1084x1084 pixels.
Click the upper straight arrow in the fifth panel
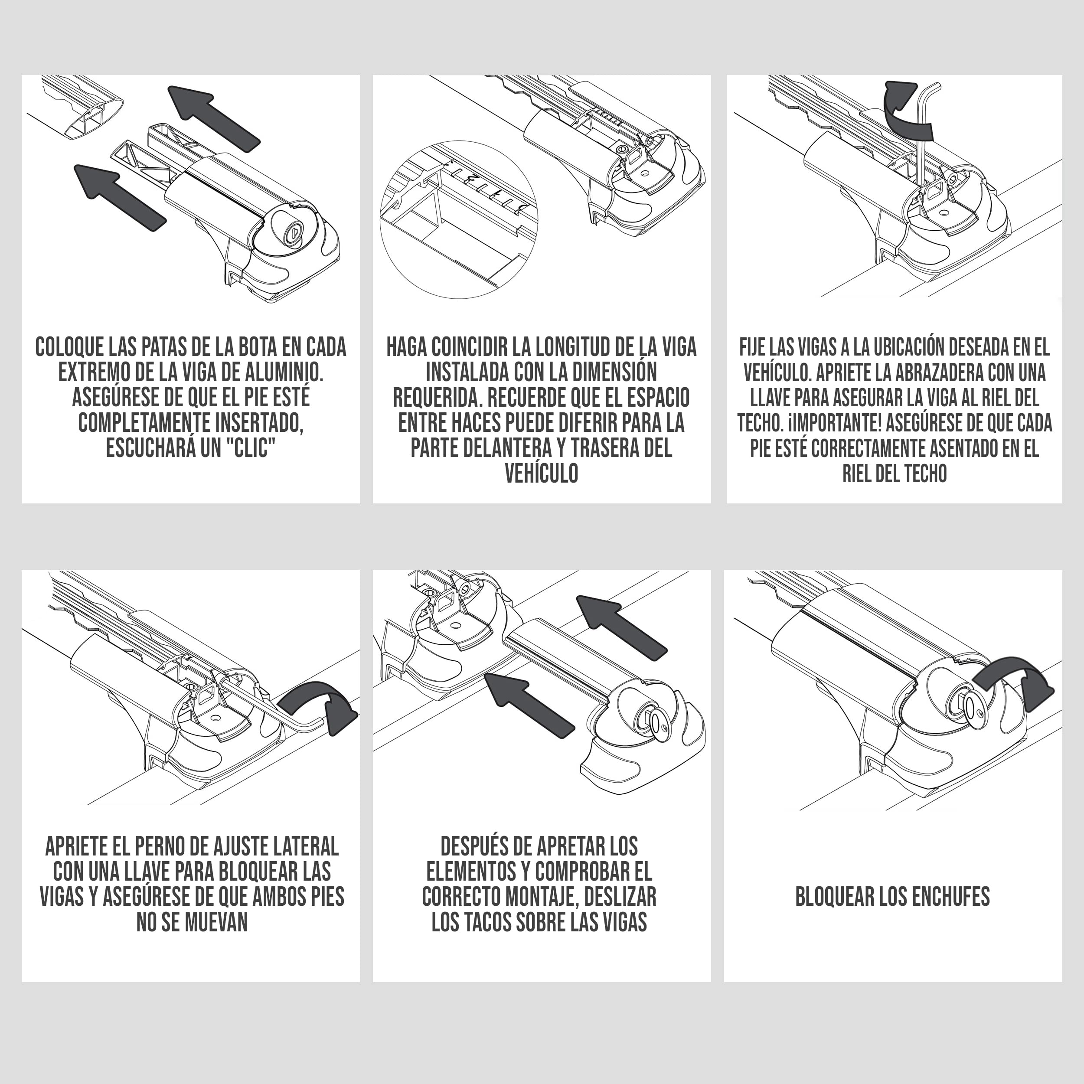pyautogui.click(x=623, y=627)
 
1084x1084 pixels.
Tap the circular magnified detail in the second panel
pyautogui.click(x=459, y=219)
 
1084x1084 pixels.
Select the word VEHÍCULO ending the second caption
pyautogui.click(x=542, y=473)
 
